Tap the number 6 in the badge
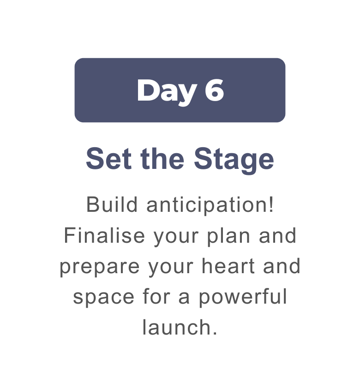pyautogui.click(x=214, y=90)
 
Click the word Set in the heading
pyautogui.click(x=108, y=158)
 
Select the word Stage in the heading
pyautogui.click(x=234, y=161)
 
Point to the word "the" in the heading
pyautogui.click(x=162, y=158)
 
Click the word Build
pyautogui.click(x=112, y=204)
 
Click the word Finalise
pyautogui.click(x=104, y=235)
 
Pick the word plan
pyautogui.click(x=228, y=237)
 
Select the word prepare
pyautogui.click(x=100, y=268)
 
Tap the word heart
pyautogui.click(x=228, y=266)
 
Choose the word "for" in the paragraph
pyautogui.click(x=156, y=297)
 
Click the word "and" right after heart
pyautogui.click(x=282, y=266)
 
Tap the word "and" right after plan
pyautogui.click(x=278, y=235)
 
